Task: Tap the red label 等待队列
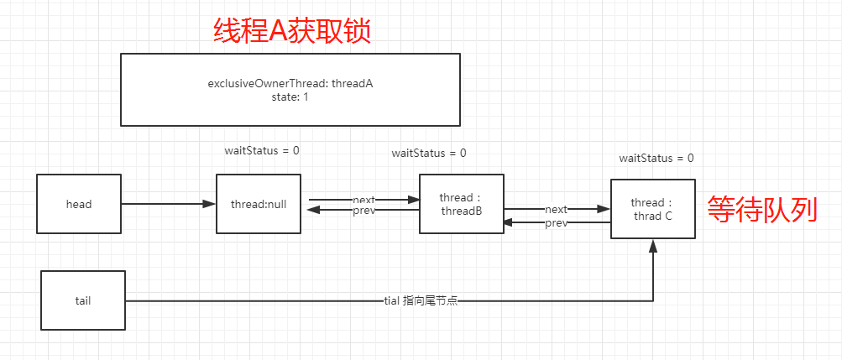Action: [x=761, y=208]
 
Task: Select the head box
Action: [x=79, y=204]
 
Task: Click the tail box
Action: [x=83, y=300]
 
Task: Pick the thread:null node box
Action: [x=258, y=204]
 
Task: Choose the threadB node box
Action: [x=461, y=204]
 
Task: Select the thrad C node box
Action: [x=652, y=209]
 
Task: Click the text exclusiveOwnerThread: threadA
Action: [x=290, y=84]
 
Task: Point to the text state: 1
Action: [x=290, y=97]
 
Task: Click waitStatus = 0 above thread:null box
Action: [x=262, y=150]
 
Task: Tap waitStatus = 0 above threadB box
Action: [x=429, y=153]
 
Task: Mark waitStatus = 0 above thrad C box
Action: [x=656, y=158]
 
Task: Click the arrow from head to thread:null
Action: [x=168, y=204]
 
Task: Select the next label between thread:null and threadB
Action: [x=363, y=200]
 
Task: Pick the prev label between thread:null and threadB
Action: [x=363, y=211]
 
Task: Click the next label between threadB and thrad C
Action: [x=556, y=209]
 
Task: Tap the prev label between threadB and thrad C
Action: [x=556, y=222]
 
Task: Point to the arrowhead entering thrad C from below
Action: [x=652, y=245]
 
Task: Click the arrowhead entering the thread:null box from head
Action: [x=210, y=204]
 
